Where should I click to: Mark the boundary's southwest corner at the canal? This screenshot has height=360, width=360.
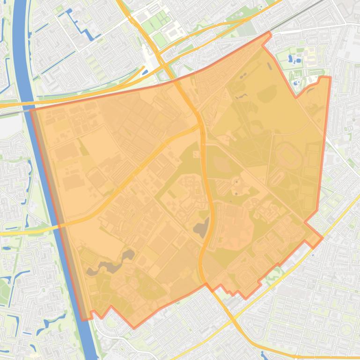point(84,320)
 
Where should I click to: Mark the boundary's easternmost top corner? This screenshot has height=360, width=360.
point(330,78)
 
